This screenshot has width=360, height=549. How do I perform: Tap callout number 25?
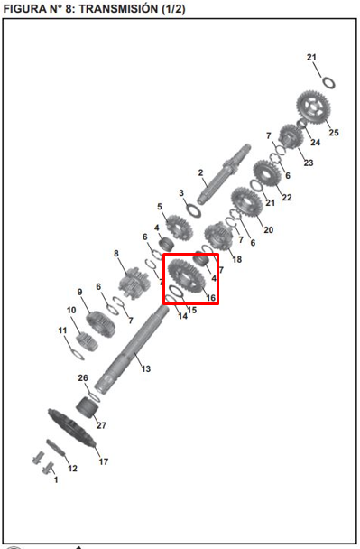click(334, 133)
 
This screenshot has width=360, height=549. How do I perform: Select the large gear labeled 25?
click(313, 107)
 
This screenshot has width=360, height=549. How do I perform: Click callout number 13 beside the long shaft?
click(146, 368)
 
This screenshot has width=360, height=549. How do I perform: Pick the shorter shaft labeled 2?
click(224, 174)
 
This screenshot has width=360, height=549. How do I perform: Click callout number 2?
click(200, 172)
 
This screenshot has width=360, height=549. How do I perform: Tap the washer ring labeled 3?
click(193, 210)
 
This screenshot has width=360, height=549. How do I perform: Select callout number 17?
click(104, 461)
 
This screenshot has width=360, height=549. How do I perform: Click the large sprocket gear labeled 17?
click(71, 429)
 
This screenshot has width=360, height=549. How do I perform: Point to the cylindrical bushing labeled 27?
click(88, 407)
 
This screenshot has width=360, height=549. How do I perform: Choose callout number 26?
click(83, 377)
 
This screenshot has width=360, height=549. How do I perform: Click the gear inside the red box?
click(186, 275)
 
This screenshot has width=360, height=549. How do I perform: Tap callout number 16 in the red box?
click(210, 298)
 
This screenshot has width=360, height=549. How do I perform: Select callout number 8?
click(116, 253)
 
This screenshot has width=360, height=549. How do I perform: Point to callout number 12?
click(72, 468)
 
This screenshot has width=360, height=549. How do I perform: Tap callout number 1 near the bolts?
click(56, 479)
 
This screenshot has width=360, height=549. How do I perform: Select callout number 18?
click(237, 259)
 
